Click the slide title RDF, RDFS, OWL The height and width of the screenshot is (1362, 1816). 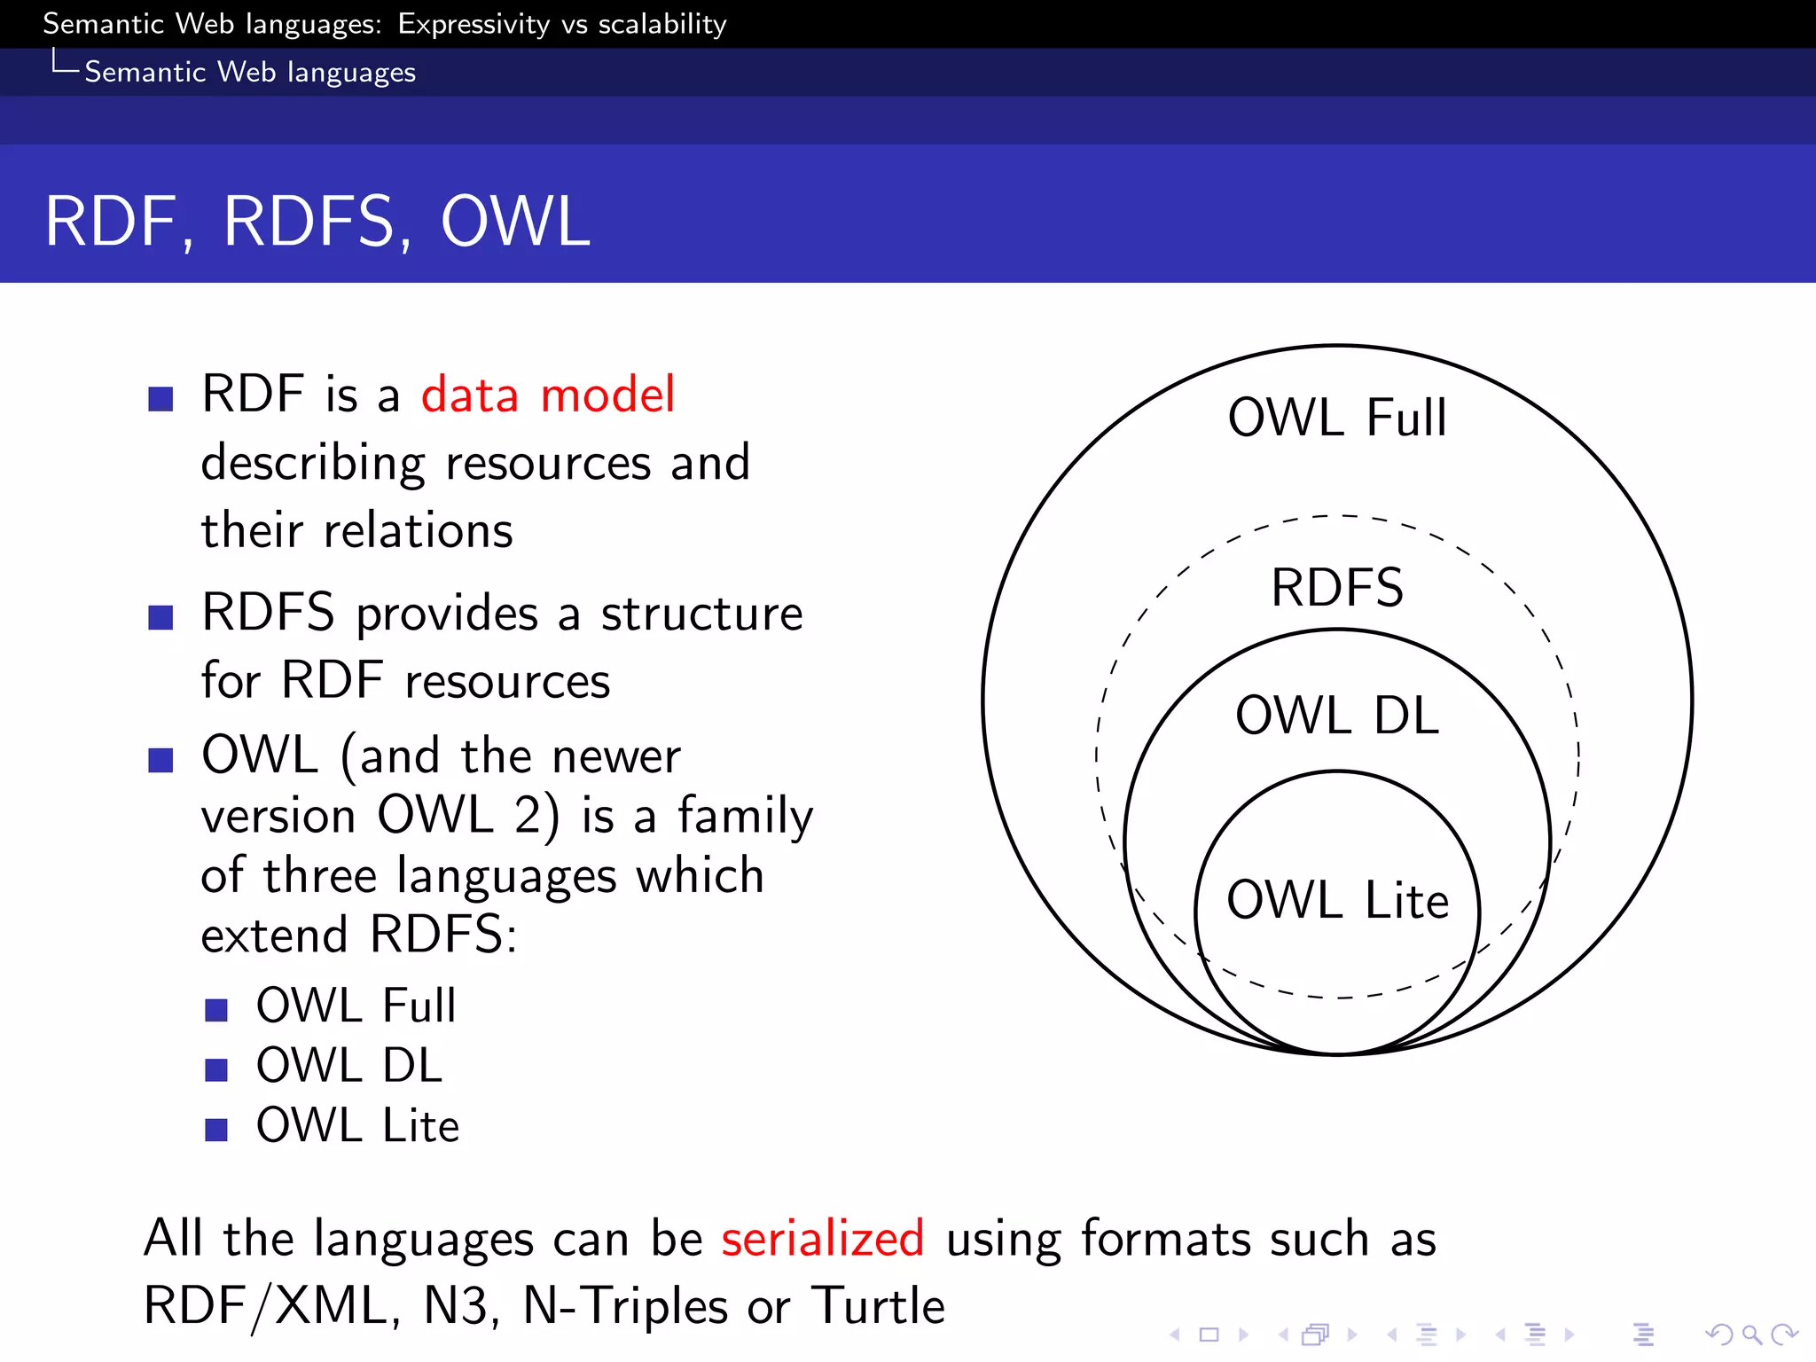click(x=317, y=222)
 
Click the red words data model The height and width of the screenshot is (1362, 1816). click(x=547, y=395)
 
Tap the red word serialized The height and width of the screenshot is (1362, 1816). click(x=822, y=1238)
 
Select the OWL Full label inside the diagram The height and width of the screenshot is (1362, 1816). click(x=1337, y=418)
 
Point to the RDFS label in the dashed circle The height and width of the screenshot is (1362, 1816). click(x=1337, y=587)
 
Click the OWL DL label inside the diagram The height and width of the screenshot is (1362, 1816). click(x=1337, y=716)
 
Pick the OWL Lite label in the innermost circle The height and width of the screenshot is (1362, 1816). click(x=1337, y=900)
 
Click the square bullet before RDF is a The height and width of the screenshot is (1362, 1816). click(x=160, y=398)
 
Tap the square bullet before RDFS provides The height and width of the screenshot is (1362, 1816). click(x=160, y=616)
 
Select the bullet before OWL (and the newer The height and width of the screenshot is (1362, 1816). click(x=160, y=759)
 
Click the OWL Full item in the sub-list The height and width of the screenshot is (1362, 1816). click(x=356, y=1006)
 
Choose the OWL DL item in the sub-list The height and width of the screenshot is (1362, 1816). click(x=348, y=1065)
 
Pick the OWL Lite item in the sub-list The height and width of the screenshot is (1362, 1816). click(x=357, y=1125)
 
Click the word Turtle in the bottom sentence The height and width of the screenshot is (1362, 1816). click(x=879, y=1306)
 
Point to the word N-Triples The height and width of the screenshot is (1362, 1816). click(x=624, y=1306)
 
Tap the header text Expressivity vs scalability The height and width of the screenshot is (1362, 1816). click(x=562, y=24)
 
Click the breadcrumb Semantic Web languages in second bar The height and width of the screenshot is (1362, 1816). click(x=250, y=72)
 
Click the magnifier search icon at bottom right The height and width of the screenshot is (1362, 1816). click(x=1750, y=1334)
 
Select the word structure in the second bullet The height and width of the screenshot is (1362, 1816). click(x=701, y=614)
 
